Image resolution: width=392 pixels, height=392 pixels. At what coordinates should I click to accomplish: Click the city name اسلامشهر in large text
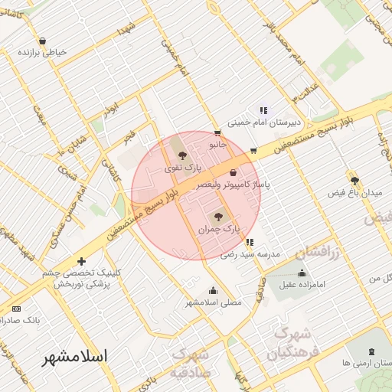tap(75, 356)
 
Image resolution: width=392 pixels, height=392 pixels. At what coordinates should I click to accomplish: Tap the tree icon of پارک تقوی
tap(181, 155)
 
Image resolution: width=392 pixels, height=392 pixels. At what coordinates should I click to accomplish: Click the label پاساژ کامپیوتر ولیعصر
tap(234, 185)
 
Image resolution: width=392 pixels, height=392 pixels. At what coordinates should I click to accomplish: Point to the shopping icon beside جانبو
tap(218, 132)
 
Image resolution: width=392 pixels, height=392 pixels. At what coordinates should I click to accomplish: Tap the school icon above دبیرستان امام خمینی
tap(264, 109)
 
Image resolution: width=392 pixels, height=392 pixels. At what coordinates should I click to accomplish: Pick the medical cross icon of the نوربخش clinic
tap(82, 261)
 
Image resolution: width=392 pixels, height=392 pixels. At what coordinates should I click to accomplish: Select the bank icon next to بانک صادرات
tap(17, 309)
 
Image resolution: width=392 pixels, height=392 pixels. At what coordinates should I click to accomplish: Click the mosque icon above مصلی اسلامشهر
tap(213, 291)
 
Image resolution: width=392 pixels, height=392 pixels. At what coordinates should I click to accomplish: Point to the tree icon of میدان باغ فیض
tap(354, 181)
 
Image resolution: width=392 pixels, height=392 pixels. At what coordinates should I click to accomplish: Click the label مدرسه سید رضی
tap(252, 253)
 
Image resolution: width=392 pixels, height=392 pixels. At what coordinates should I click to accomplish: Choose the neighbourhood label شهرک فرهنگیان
tap(289, 344)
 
